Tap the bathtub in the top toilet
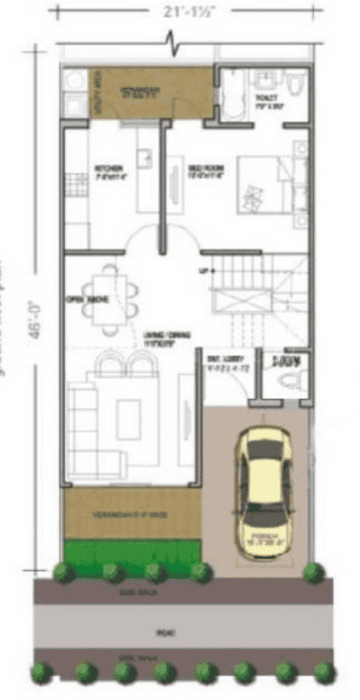(x=231, y=93)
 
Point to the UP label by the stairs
(x=203, y=270)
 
